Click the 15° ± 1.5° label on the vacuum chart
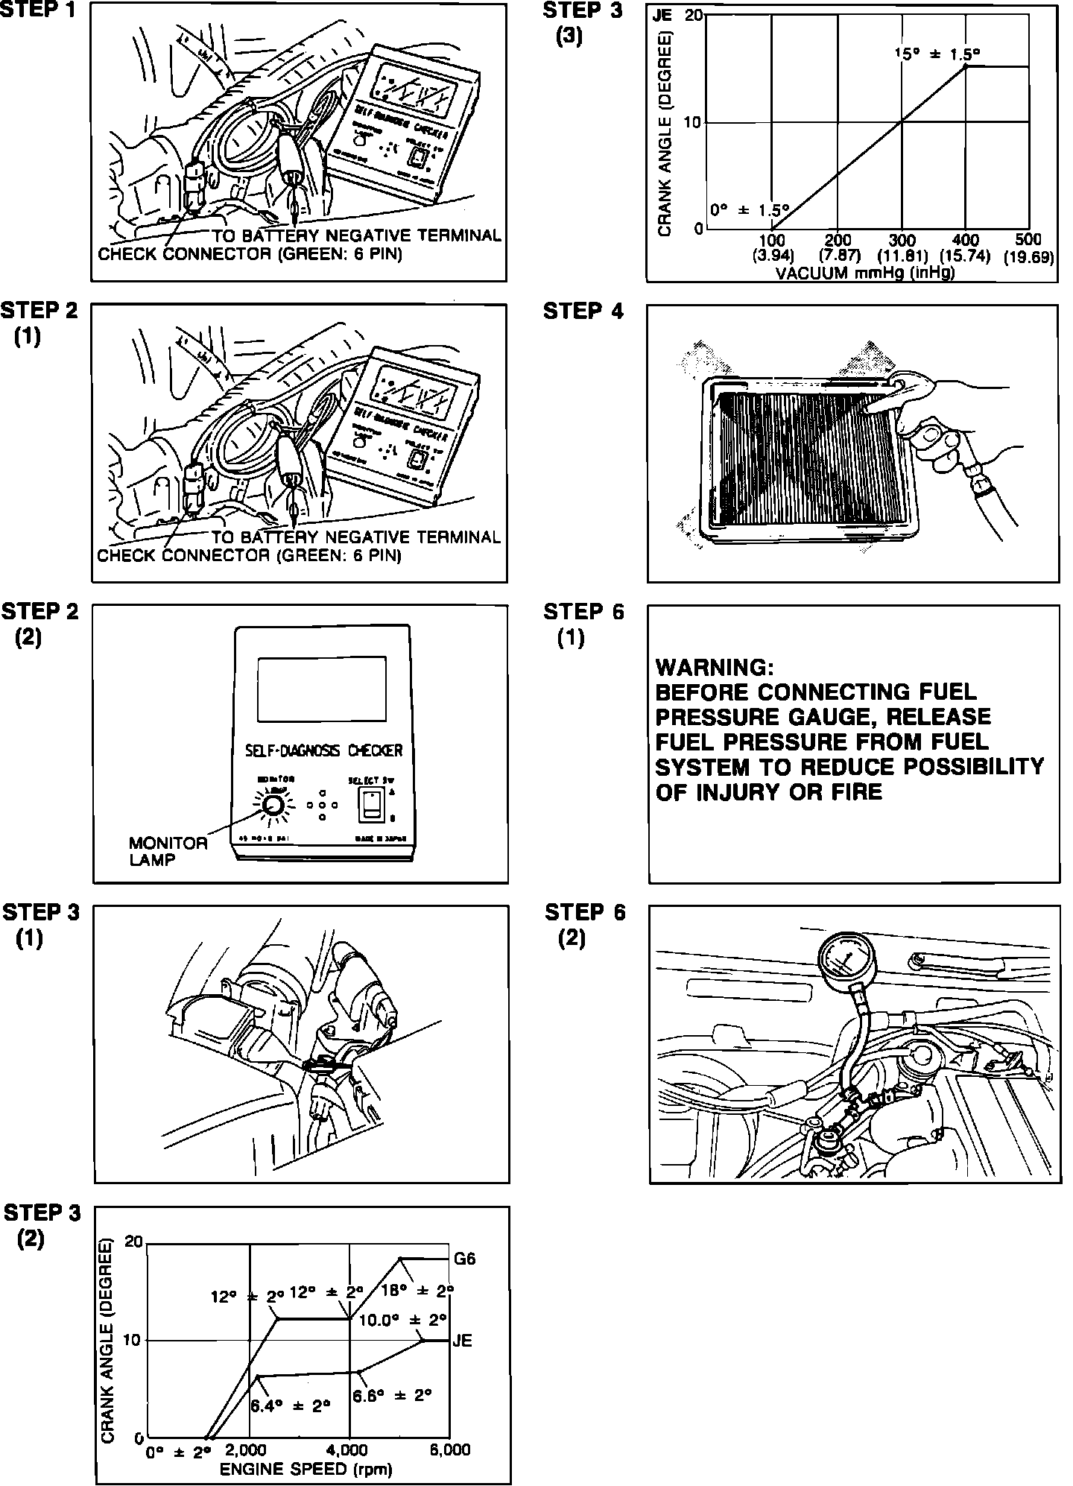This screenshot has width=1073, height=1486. click(937, 54)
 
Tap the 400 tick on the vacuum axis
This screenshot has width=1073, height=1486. click(966, 240)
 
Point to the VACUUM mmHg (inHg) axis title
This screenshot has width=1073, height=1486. click(865, 273)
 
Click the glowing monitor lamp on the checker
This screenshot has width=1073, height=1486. click(272, 805)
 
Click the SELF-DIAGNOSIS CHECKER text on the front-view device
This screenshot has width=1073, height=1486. click(323, 750)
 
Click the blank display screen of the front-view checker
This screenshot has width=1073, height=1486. click(321, 689)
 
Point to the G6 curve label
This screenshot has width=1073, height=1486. click(464, 1259)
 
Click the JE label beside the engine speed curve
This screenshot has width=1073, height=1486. click(462, 1341)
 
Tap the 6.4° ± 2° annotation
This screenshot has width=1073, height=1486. click(290, 1406)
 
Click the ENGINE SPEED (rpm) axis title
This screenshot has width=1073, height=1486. click(306, 1469)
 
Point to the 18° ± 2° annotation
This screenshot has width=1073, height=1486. click(417, 1290)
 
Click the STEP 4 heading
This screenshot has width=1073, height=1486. click(583, 311)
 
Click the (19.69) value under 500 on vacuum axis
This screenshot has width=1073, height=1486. click(1028, 257)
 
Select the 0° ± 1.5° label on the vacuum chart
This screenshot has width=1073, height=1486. click(749, 210)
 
